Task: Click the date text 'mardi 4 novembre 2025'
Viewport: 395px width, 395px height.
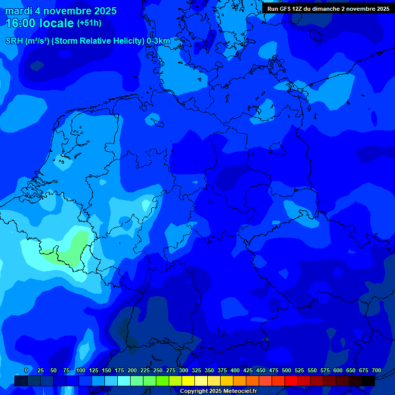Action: tap(61, 11)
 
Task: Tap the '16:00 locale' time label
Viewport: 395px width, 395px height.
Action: tap(40, 23)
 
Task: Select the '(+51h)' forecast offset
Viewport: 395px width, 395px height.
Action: tap(89, 23)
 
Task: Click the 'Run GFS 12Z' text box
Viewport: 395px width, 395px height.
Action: tap(328, 9)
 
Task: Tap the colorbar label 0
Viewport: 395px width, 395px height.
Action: tap(26, 371)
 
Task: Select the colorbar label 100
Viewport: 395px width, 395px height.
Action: tap(81, 371)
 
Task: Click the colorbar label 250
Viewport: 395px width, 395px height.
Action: tap(158, 371)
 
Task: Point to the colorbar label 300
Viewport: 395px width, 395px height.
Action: tap(184, 371)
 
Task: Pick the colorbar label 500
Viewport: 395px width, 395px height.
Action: tap(286, 371)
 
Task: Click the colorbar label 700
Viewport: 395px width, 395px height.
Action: tap(376, 371)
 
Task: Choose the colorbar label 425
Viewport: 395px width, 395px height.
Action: tap(248, 371)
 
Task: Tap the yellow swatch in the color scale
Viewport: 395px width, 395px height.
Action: tap(188, 381)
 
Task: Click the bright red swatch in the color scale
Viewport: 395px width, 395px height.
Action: tap(291, 381)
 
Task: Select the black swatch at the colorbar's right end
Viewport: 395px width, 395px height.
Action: tap(368, 381)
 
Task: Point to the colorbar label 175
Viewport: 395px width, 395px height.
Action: tap(119, 371)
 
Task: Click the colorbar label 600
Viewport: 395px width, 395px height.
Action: tap(338, 371)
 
